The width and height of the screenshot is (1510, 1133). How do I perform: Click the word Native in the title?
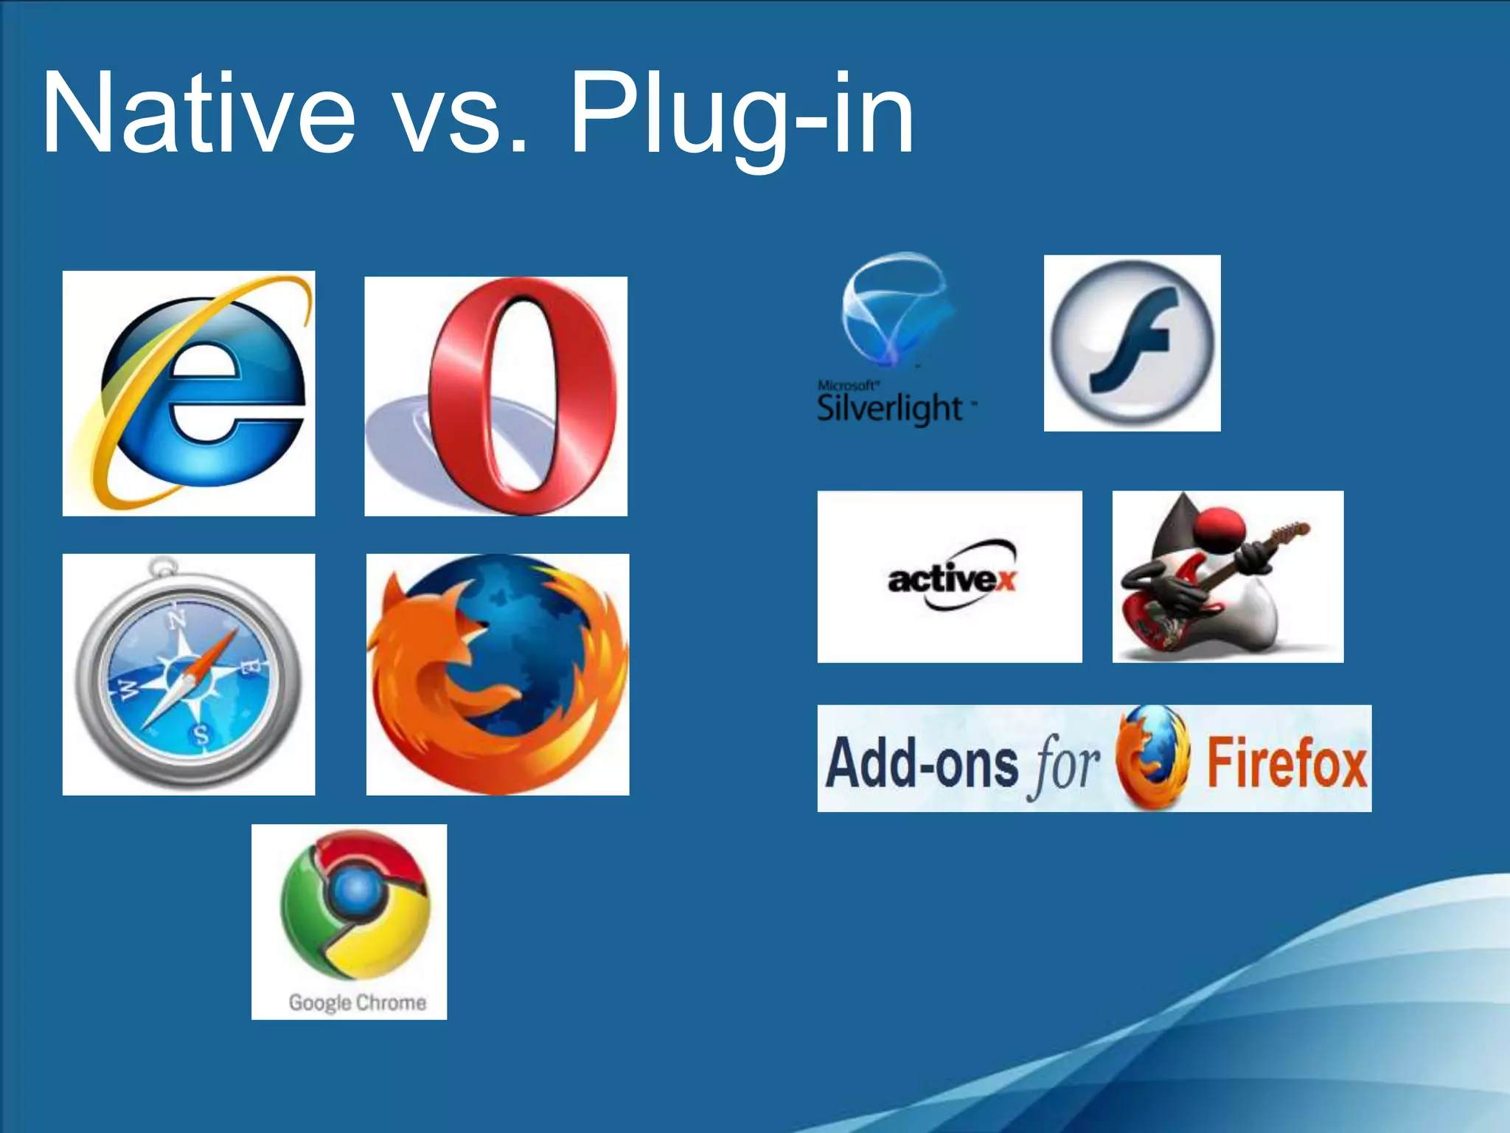tap(199, 114)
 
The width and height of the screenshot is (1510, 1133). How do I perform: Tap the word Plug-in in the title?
tap(741, 114)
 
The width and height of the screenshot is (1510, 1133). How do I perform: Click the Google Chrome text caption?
tap(357, 1002)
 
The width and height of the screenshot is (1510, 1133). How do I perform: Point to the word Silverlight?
tap(889, 409)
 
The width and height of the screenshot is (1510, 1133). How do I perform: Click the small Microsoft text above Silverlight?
tap(847, 385)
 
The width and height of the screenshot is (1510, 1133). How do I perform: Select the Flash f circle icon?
tap(1132, 344)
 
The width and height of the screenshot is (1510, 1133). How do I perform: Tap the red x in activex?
tap(1004, 581)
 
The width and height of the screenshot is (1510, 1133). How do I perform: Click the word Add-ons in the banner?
tap(922, 763)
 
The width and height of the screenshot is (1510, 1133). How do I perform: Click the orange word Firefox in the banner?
tap(1286, 763)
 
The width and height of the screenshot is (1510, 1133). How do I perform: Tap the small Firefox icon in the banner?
tap(1152, 758)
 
